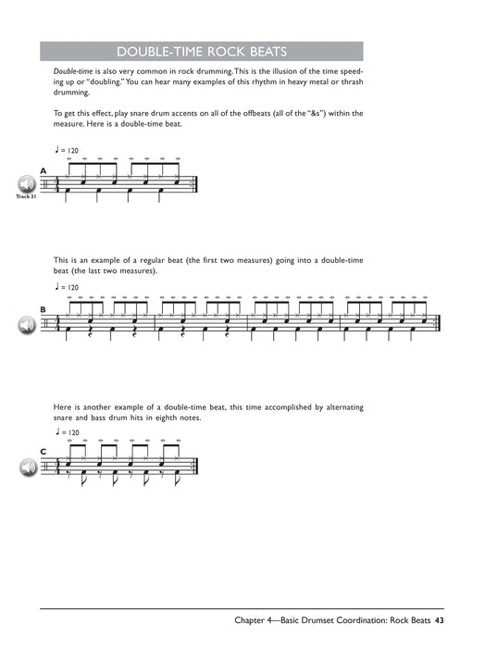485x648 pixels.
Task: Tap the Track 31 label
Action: (24, 196)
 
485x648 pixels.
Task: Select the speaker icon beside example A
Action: (25, 183)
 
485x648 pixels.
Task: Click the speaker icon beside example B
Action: (25, 324)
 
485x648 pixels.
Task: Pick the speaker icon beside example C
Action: (25, 466)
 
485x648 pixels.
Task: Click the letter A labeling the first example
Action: (43, 170)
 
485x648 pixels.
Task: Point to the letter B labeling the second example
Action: (43, 309)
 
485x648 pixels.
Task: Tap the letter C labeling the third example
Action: (43, 452)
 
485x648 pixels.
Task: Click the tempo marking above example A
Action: (68, 150)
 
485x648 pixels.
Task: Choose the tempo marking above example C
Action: (68, 431)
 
